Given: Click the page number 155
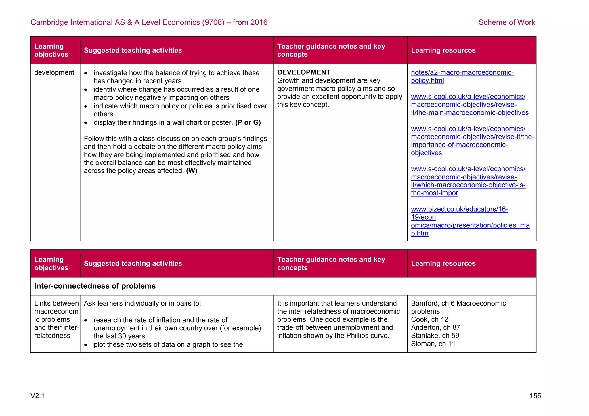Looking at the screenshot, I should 535,396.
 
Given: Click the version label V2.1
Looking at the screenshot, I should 37,396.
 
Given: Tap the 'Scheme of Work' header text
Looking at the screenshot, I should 506,22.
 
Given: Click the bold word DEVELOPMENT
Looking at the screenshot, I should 303,72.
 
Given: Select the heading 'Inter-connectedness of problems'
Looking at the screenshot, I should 95,286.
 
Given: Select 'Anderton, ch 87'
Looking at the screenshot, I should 435,327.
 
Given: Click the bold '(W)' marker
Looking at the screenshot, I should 192,171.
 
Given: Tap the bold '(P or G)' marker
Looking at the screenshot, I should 248,122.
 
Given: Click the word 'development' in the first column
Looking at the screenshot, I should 54,72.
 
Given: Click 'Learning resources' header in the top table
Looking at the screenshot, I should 443,50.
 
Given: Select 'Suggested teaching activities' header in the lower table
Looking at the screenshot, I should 133,263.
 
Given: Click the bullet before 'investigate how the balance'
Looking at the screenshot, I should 86,73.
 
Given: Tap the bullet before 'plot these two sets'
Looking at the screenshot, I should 86,345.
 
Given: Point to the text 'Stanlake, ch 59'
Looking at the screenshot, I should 435,336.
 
